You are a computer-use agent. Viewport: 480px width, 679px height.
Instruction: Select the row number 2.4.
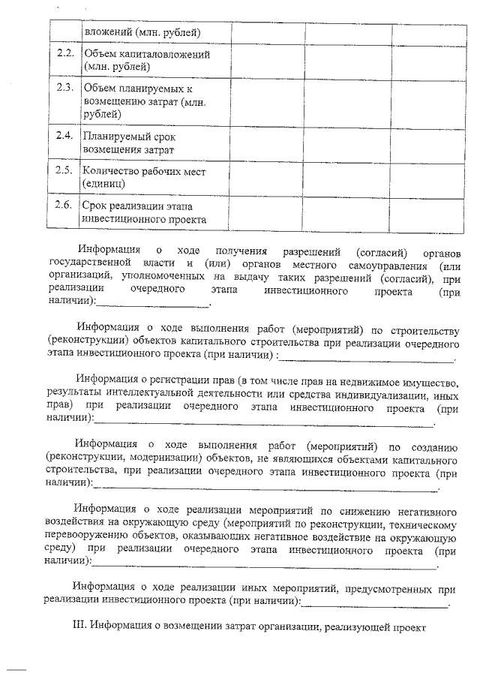(64, 136)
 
